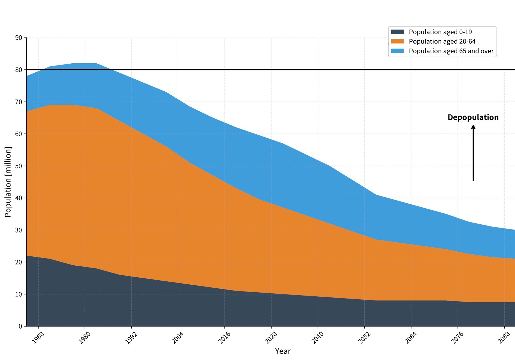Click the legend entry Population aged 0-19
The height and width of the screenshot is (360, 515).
(440, 32)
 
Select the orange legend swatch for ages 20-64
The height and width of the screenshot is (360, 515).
(397, 41)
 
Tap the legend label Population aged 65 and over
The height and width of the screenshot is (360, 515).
(451, 51)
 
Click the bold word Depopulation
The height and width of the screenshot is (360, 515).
(473, 117)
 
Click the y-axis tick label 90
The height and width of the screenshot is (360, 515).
(19, 38)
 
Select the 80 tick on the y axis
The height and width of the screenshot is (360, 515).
(19, 70)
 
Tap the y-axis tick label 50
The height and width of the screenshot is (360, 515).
(19, 166)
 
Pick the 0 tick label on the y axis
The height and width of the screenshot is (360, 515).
(20, 326)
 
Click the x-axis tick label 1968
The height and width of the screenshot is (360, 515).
(38, 338)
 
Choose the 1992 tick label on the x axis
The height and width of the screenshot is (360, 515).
(131, 338)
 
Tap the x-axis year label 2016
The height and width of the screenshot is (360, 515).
(224, 338)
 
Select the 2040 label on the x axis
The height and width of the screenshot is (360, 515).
(318, 338)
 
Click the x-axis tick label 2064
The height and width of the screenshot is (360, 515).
(411, 338)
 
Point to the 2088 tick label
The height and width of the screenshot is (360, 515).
(504, 338)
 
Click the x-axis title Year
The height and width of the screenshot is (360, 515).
(283, 351)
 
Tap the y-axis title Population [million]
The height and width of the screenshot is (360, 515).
(8, 182)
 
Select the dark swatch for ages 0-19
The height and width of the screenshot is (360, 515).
(397, 32)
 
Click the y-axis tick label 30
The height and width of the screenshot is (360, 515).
(19, 230)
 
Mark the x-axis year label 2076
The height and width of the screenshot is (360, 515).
(457, 338)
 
